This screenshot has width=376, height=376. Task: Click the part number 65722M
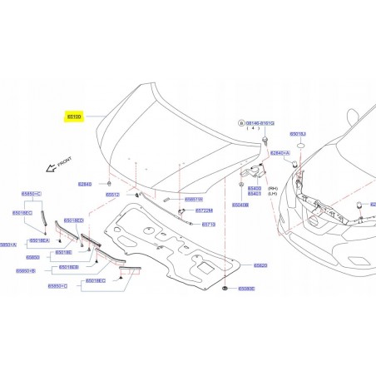[x=203, y=210]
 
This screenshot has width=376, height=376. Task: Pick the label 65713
[x=209, y=225]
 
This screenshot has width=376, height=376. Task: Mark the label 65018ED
[x=74, y=220]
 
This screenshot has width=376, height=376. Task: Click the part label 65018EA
[x=40, y=240]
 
